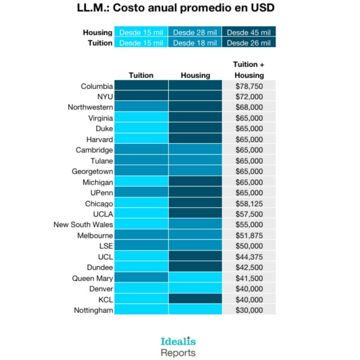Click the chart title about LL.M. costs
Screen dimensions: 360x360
176,8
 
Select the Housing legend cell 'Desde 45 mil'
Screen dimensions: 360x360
249,32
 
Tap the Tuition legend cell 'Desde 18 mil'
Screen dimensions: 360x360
195,43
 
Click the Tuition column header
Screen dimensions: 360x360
141,75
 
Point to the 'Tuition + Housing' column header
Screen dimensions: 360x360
249,69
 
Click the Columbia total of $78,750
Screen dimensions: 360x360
249,86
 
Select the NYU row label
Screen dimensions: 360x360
105,97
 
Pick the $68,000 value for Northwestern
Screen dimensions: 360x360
249,107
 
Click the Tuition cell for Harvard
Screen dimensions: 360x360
141,139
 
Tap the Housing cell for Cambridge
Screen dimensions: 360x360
195,150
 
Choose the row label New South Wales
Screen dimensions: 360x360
83,225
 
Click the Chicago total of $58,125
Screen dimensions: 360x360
249,203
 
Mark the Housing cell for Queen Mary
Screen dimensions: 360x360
195,278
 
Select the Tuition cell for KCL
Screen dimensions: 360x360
141,300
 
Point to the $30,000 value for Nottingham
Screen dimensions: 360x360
249,310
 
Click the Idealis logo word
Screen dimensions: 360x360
178,341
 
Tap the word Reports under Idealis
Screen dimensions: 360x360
178,352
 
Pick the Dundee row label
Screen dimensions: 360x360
99,267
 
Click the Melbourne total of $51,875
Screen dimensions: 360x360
249,235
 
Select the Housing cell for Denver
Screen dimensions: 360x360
195,289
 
